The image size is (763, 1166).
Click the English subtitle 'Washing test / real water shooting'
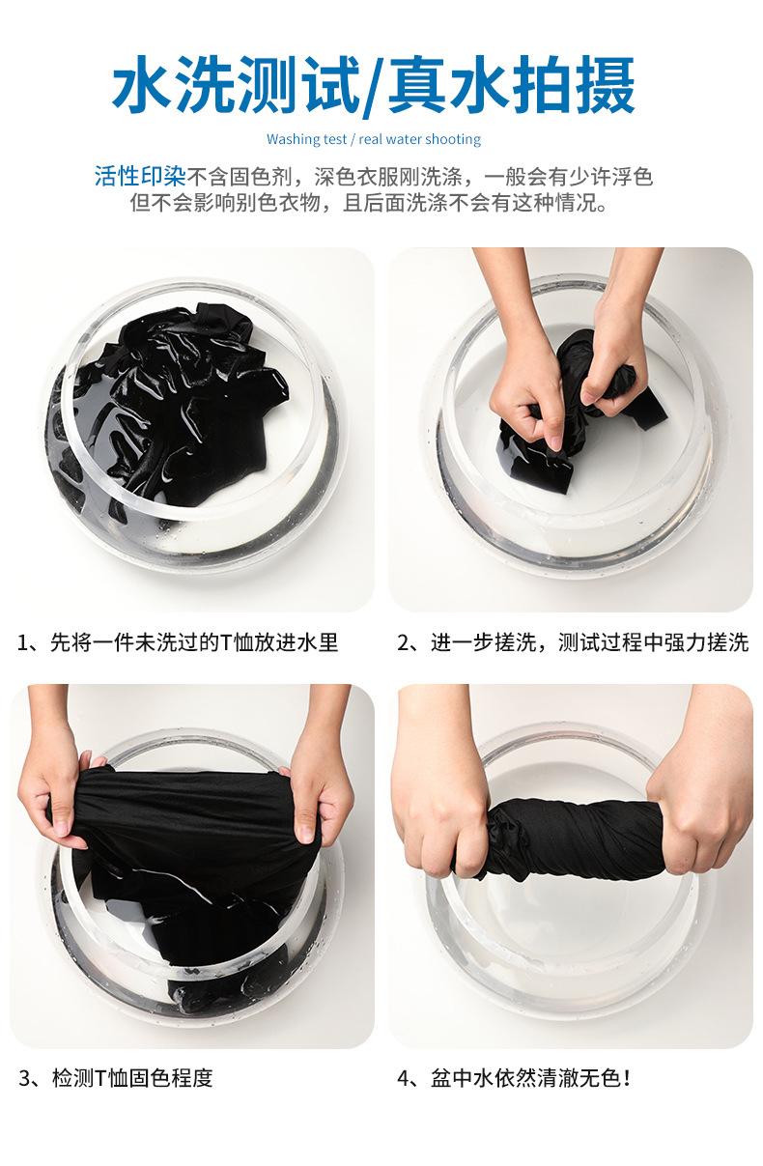pos(373,139)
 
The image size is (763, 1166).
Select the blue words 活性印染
pos(140,177)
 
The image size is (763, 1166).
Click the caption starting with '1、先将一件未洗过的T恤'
pos(178,642)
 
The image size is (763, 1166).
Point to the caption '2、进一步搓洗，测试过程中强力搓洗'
pos(573,642)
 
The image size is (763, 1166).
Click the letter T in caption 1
pos(226,642)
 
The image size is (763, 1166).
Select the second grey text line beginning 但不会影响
pos(369,203)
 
